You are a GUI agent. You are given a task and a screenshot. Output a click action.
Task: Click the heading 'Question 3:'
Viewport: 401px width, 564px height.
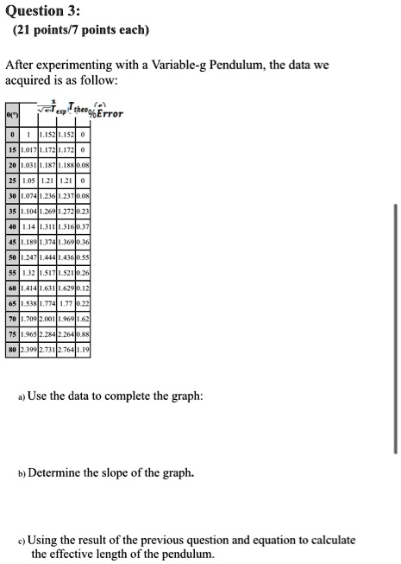tap(42, 10)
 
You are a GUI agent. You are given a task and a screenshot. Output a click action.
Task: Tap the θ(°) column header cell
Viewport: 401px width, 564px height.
tap(11, 114)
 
